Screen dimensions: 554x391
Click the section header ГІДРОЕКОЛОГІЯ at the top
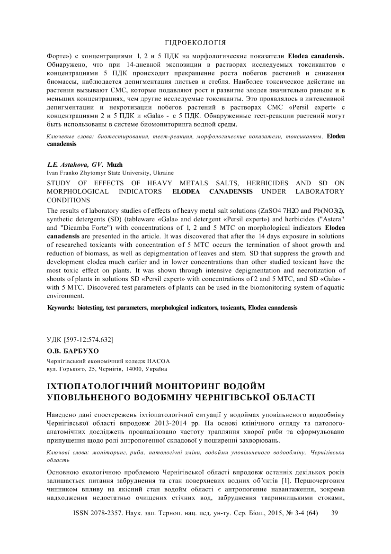click(195, 42)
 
